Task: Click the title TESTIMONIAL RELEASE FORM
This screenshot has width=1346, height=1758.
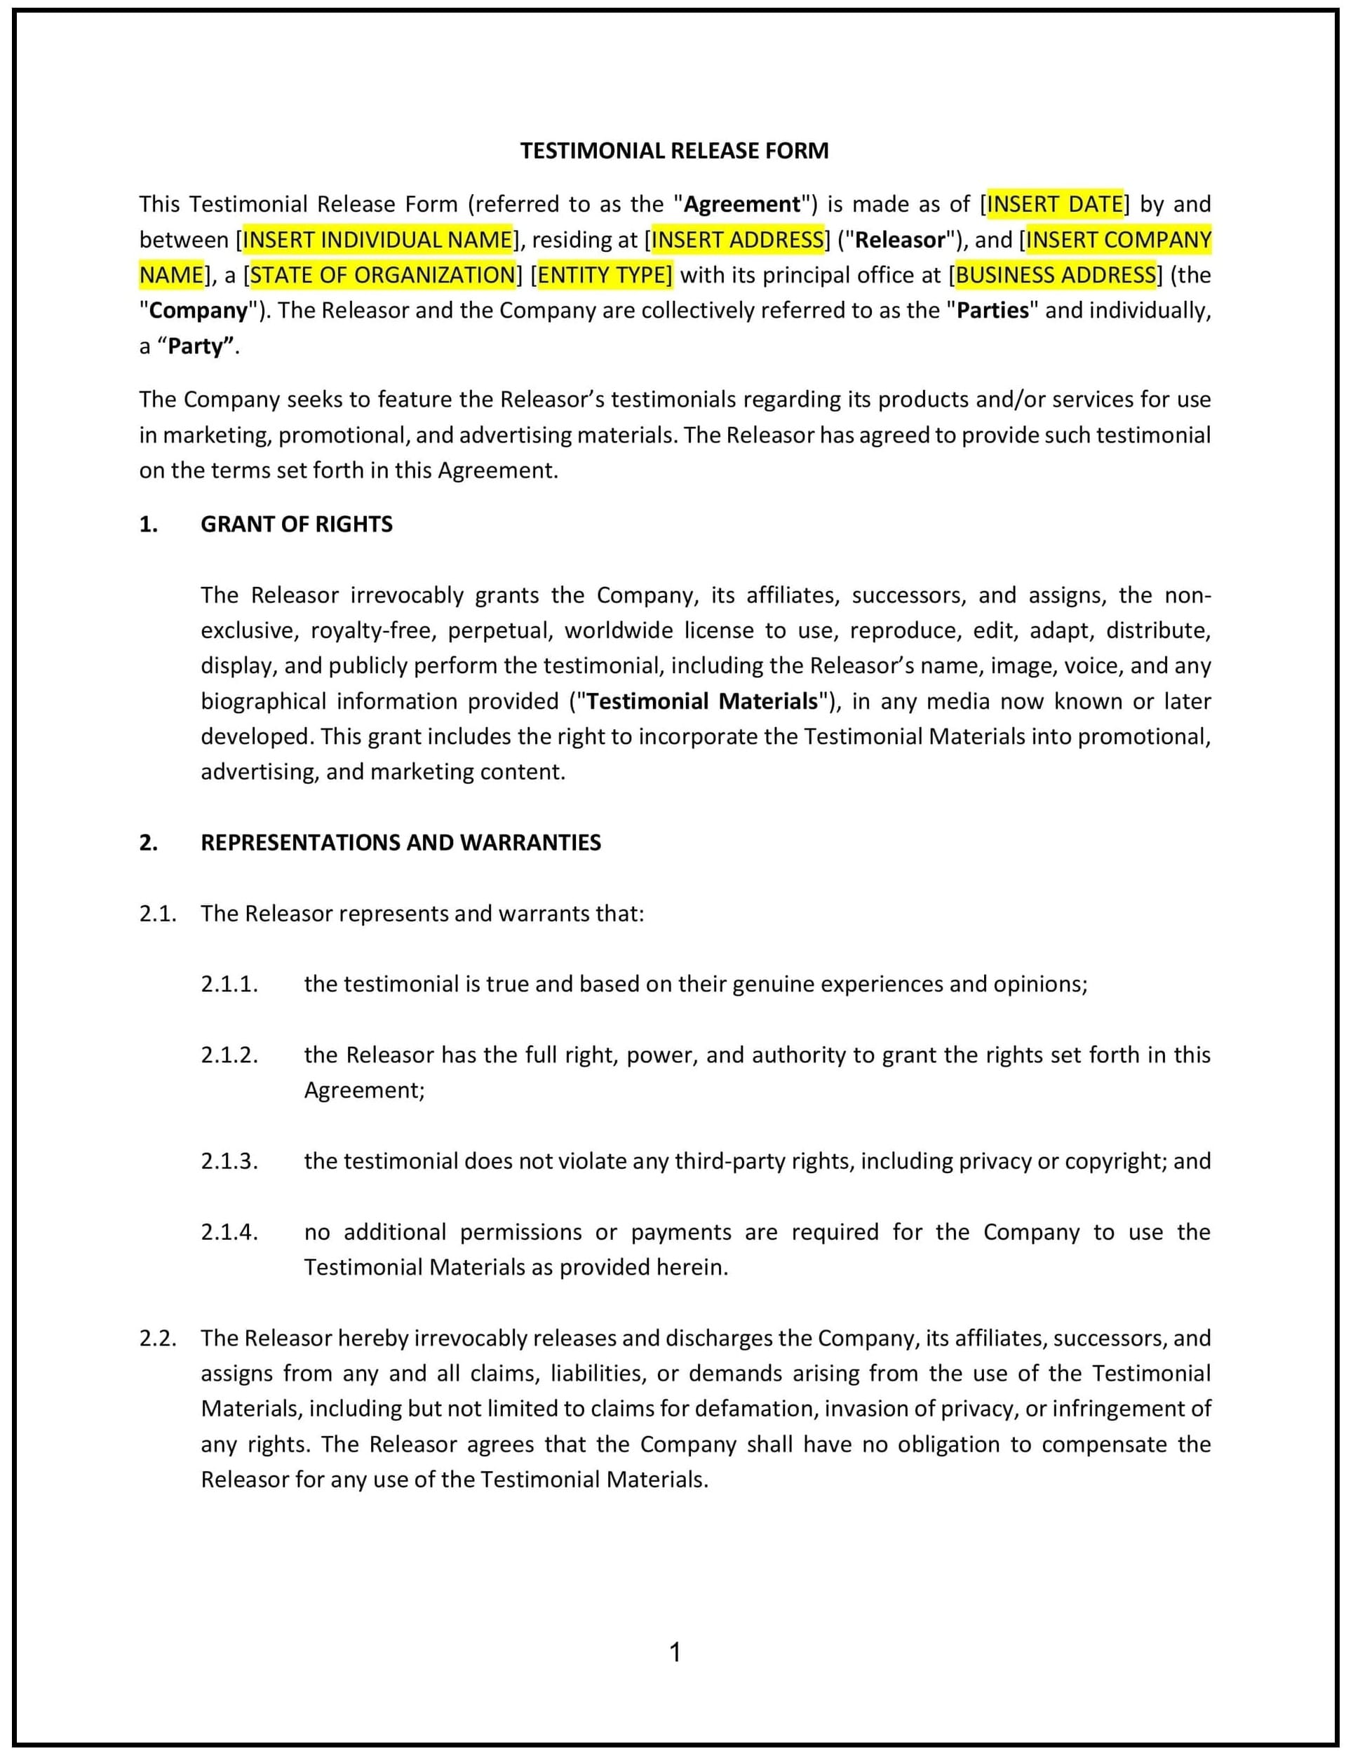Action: [674, 151]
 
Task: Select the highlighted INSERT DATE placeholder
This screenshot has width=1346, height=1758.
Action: [1054, 204]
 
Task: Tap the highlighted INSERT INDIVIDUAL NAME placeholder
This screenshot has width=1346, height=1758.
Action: [377, 240]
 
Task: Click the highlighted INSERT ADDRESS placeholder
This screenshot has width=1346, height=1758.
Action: [737, 240]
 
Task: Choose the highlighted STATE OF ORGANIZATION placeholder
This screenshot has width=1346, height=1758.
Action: [382, 275]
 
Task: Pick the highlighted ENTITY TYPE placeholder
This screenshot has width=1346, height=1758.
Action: [604, 275]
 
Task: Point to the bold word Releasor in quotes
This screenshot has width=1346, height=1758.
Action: [900, 240]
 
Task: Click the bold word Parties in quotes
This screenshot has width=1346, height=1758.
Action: [992, 310]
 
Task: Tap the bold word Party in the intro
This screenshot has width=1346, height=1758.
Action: [199, 346]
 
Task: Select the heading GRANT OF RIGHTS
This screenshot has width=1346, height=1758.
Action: [297, 524]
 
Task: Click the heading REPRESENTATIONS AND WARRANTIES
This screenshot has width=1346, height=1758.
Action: [401, 843]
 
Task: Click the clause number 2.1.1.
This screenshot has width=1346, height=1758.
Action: [229, 985]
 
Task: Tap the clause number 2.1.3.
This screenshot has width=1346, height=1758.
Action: [229, 1161]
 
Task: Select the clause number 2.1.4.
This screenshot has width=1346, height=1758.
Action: [229, 1232]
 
